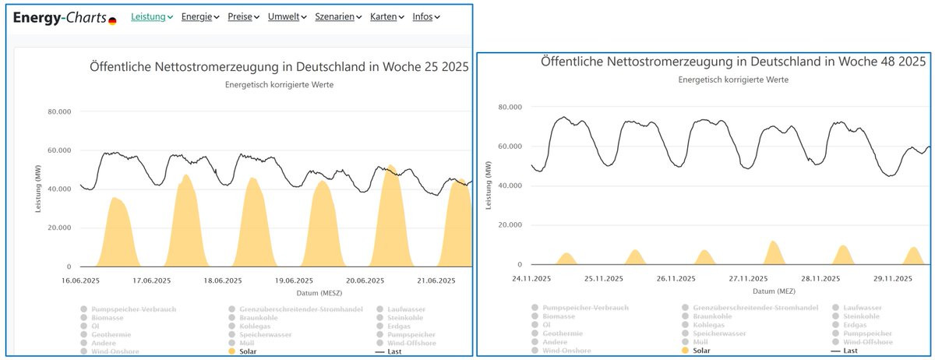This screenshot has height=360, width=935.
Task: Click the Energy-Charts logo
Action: tap(65, 17)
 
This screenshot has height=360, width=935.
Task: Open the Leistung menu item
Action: tap(151, 17)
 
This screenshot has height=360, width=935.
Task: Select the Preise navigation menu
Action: tap(243, 17)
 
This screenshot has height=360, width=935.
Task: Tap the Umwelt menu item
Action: tap(287, 17)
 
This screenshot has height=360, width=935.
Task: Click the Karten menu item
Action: tap(386, 17)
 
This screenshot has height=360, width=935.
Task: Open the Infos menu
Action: tap(426, 17)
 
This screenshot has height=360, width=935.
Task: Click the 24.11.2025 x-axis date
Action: tap(533, 278)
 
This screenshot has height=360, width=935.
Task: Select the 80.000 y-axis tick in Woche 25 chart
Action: tap(59, 111)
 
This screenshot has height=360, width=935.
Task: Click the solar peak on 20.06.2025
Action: tap(390, 168)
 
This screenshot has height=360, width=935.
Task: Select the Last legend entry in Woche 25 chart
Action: tap(397, 351)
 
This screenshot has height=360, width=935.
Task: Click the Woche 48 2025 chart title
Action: tap(733, 62)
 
